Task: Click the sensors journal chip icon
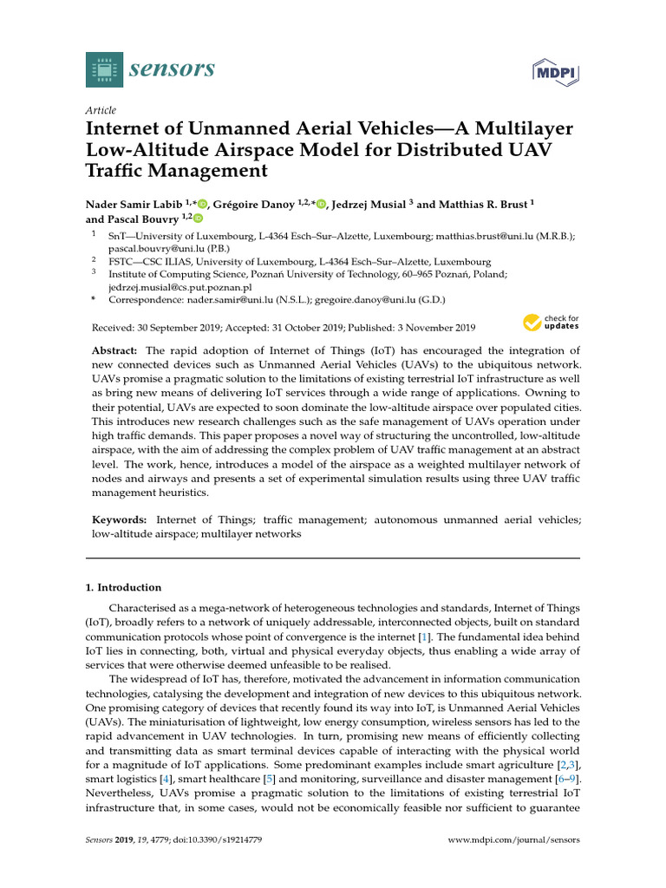[105, 69]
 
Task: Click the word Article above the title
[101, 111]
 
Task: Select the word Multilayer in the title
[527, 128]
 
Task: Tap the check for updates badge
[551, 323]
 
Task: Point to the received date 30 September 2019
[182, 328]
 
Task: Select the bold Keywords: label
[120, 519]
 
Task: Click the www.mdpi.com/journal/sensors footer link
[513, 840]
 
